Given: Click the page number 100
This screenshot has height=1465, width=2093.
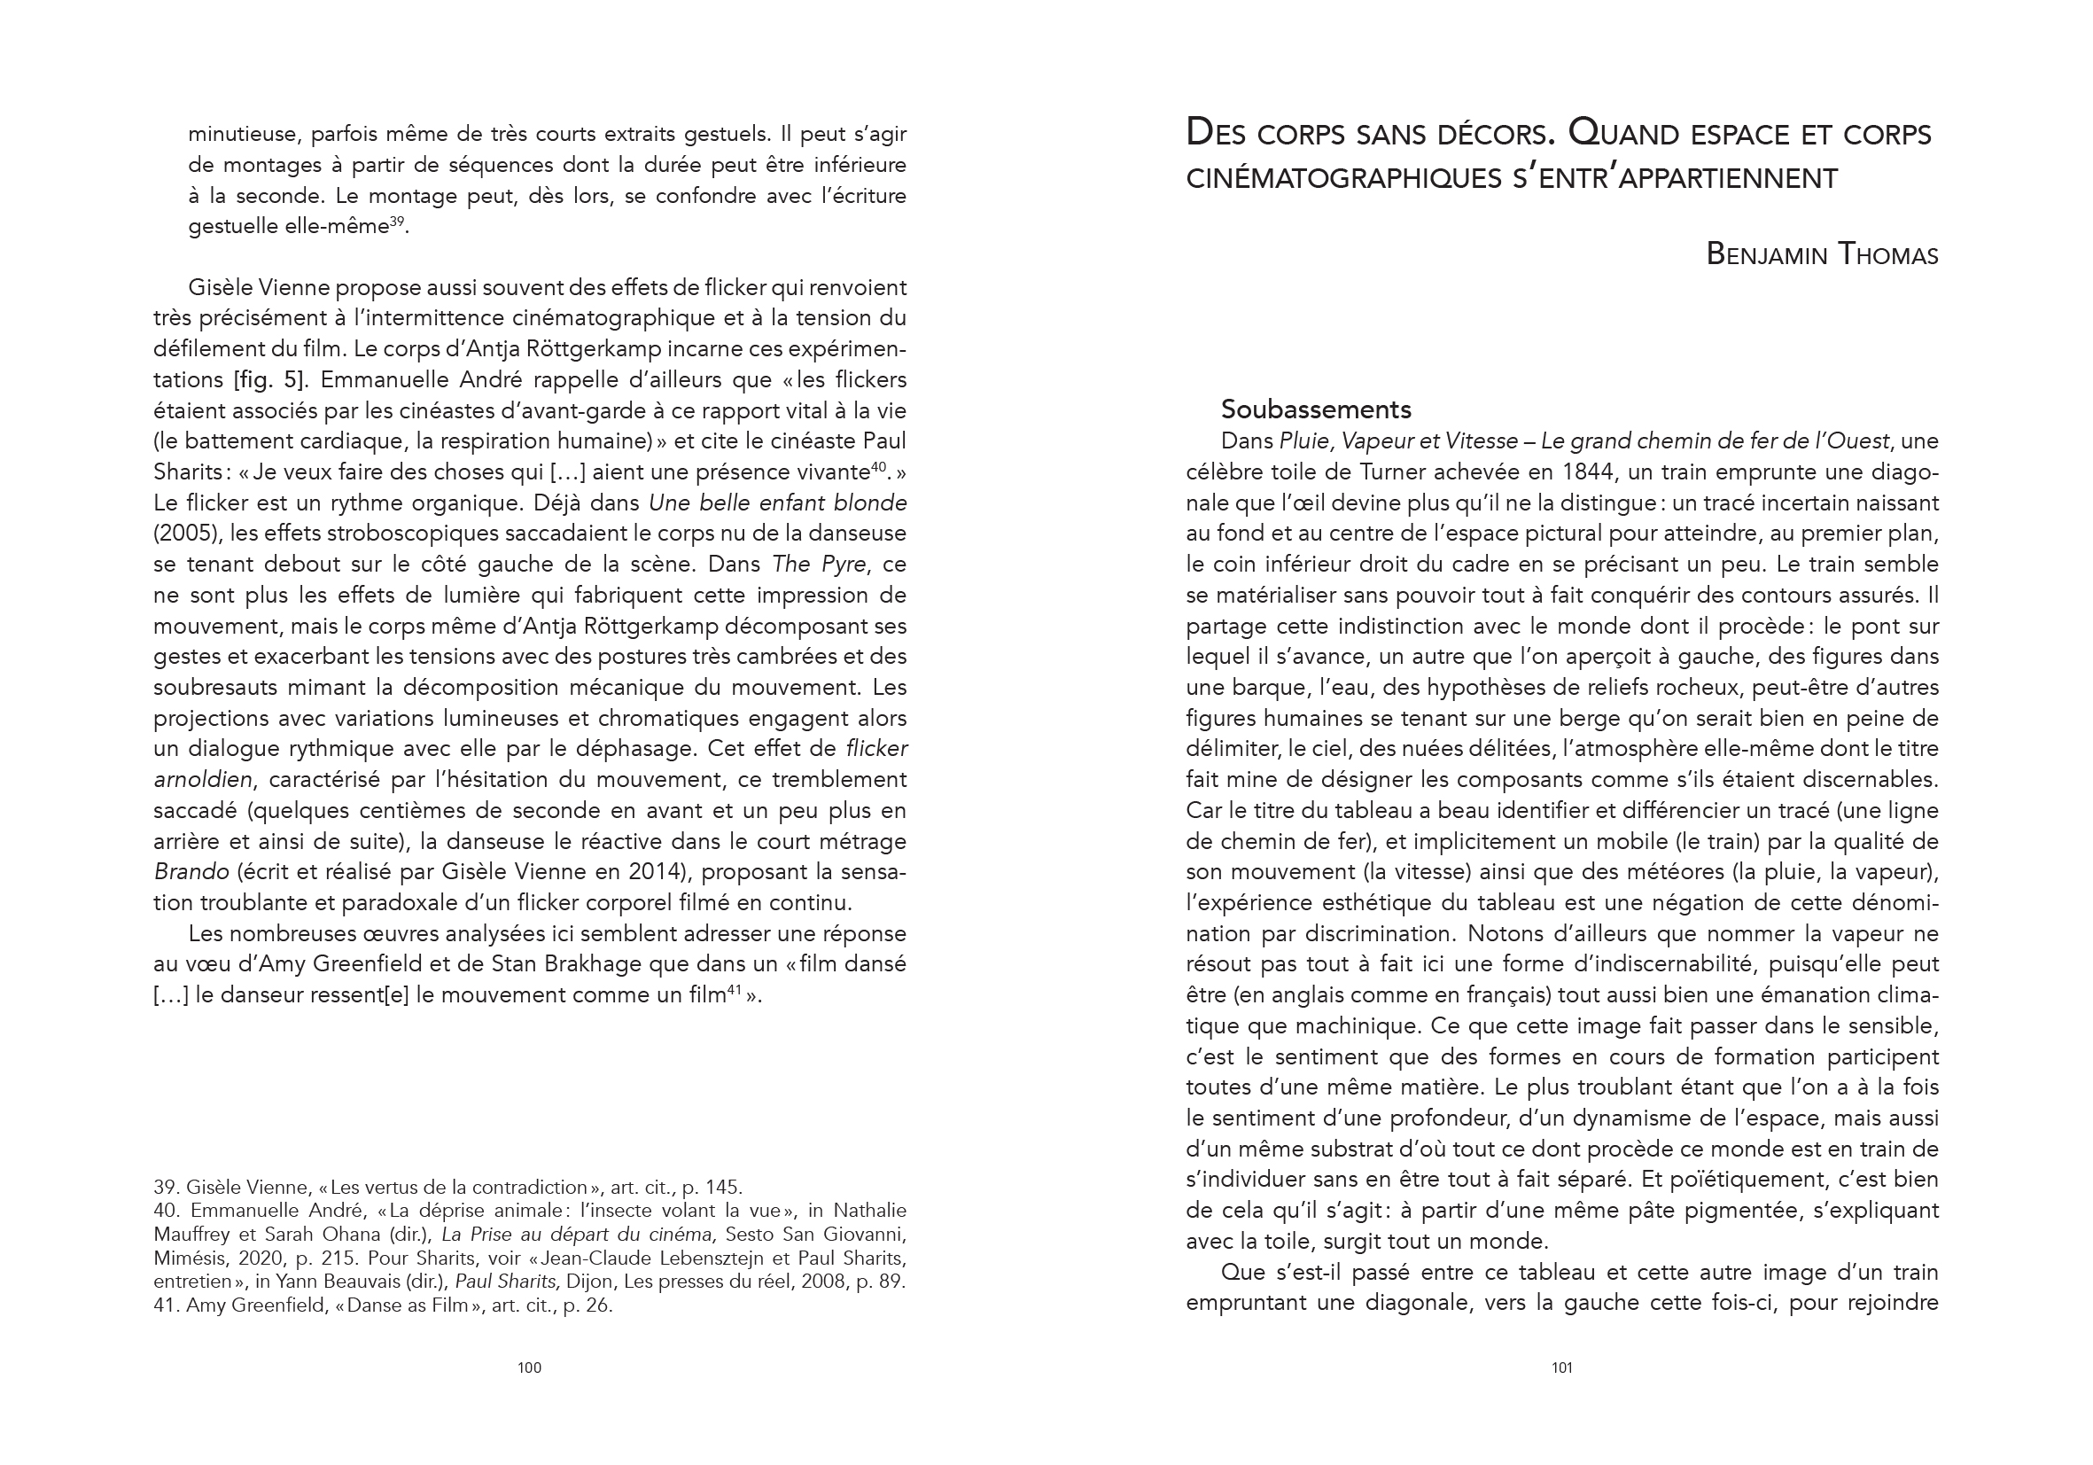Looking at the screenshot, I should [x=529, y=1368].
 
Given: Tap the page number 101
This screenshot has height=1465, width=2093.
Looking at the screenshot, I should [x=1561, y=1368].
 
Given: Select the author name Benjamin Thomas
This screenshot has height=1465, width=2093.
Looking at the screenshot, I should [x=1821, y=254].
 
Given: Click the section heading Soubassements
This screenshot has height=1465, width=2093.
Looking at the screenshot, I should [x=1315, y=409].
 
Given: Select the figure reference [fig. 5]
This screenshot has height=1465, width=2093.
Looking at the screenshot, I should [x=268, y=379].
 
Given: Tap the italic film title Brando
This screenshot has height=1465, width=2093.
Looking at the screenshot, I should [x=191, y=871].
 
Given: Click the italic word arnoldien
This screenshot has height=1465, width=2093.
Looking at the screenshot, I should [x=204, y=779].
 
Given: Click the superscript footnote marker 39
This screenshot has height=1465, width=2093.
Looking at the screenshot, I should [x=397, y=222].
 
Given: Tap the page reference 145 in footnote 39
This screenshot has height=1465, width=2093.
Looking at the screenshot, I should [x=724, y=1187].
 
